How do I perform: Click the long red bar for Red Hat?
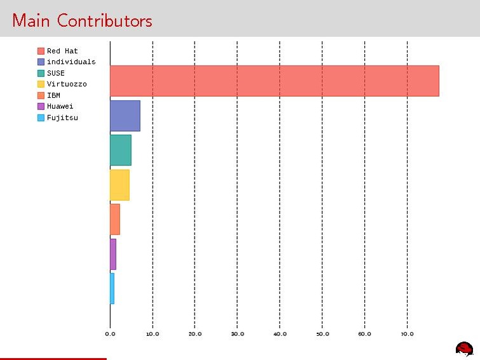click(x=274, y=81)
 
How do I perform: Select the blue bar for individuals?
click(x=125, y=116)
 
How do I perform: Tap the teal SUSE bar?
click(x=120, y=150)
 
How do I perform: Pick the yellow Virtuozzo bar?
click(x=120, y=185)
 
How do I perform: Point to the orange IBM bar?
click(x=114, y=219)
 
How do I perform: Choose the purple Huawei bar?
click(x=113, y=254)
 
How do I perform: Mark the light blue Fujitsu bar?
click(x=112, y=288)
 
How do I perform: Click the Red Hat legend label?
click(x=62, y=51)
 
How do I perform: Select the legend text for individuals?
click(x=71, y=62)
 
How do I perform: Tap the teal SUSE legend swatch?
click(x=41, y=73)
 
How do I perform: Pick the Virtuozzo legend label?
click(x=67, y=84)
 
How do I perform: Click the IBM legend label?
click(x=53, y=95)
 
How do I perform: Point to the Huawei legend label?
click(x=60, y=106)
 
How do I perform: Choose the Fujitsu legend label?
click(x=62, y=118)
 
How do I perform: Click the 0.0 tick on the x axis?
click(x=110, y=333)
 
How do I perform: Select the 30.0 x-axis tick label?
click(x=237, y=333)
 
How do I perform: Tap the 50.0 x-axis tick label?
click(x=322, y=333)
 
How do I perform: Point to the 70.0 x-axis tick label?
click(x=407, y=333)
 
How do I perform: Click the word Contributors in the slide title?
click(x=104, y=20)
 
